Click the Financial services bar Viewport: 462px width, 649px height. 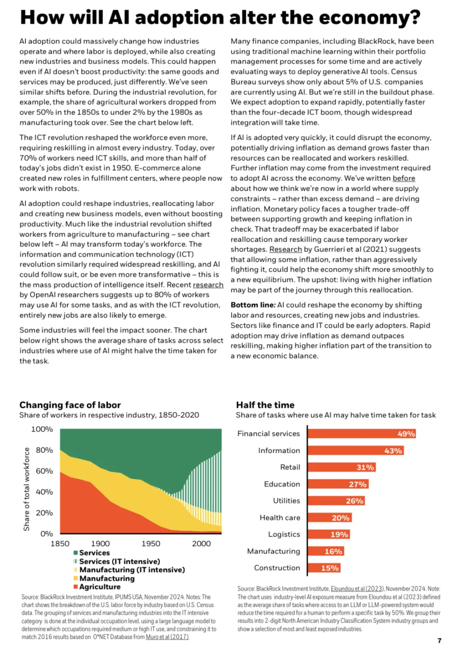tap(362, 434)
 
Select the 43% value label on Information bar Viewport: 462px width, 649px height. tap(393, 451)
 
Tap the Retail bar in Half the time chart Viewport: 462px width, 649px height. tap(342, 467)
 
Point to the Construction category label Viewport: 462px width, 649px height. tap(277, 568)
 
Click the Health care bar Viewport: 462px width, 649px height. tap(330, 518)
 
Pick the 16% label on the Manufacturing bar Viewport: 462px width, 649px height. tap(333, 552)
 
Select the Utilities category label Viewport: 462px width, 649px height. tap(286, 501)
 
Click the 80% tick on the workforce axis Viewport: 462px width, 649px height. tap(44, 450)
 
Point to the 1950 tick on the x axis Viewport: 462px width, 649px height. tap(151, 544)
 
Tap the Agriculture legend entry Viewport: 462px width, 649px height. tap(97, 587)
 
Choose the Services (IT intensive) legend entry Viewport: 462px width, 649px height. tap(117, 561)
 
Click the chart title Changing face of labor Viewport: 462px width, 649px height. tap(70, 405)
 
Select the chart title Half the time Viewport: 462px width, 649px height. tap(265, 405)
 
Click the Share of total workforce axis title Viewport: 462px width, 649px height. tap(27, 490)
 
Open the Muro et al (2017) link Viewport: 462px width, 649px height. tap(167, 637)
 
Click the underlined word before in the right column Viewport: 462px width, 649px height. tap(404, 178)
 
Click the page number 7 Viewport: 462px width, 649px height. tap(439, 640)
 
